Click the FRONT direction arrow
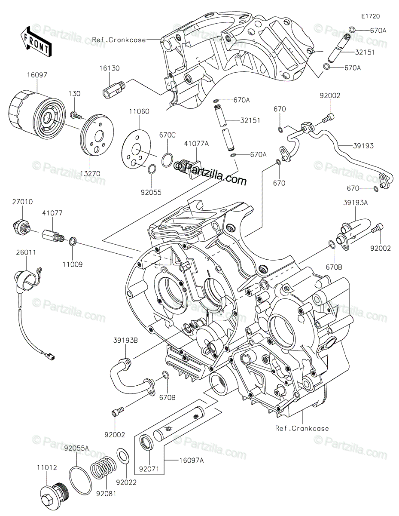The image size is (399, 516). (x=36, y=42)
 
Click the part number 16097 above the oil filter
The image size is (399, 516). (x=37, y=75)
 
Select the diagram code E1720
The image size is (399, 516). (x=371, y=16)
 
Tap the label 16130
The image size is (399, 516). (x=109, y=68)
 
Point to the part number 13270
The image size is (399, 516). (x=90, y=174)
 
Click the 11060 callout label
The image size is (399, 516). (x=139, y=111)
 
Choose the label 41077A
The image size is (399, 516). (x=197, y=144)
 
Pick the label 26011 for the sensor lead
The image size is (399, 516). (x=26, y=252)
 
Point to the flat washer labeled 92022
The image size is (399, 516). (x=123, y=456)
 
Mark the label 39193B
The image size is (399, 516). (x=126, y=340)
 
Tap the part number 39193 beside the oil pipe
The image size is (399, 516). (x=363, y=146)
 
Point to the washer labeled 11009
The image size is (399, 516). (x=73, y=242)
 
